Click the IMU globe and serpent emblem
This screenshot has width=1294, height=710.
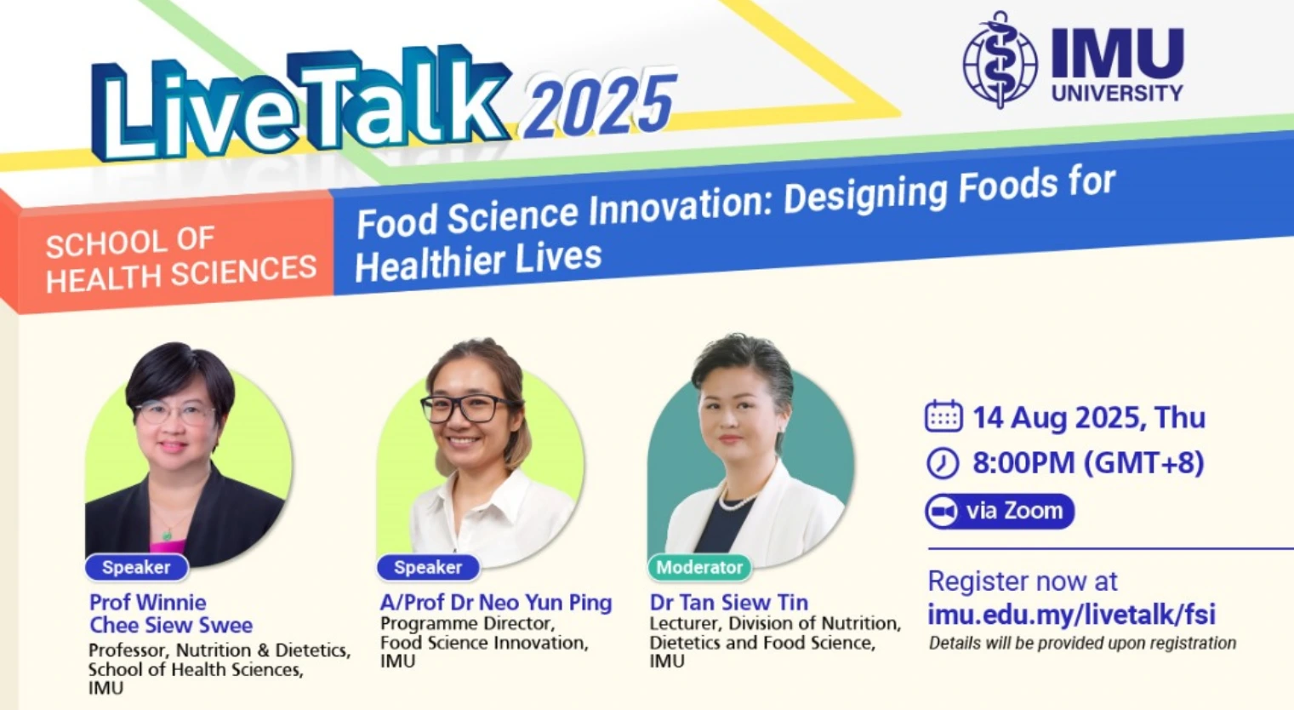1000,60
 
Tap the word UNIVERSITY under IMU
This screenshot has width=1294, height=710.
1117,93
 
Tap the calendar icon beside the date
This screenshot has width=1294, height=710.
943,416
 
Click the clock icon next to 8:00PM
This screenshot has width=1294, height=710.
942,463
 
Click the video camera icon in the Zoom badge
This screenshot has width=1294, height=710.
942,512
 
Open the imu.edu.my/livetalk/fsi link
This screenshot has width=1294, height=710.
1072,614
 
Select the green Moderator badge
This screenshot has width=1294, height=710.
699,567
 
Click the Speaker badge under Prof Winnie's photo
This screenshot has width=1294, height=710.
136,567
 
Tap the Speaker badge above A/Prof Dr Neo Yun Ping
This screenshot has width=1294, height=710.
428,567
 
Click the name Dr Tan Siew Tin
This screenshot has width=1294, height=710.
728,603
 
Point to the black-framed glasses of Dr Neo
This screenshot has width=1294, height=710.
467,408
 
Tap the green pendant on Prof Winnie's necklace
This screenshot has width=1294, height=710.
167,535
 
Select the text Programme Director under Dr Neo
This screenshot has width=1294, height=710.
467,624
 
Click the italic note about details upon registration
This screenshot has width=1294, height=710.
1082,644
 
